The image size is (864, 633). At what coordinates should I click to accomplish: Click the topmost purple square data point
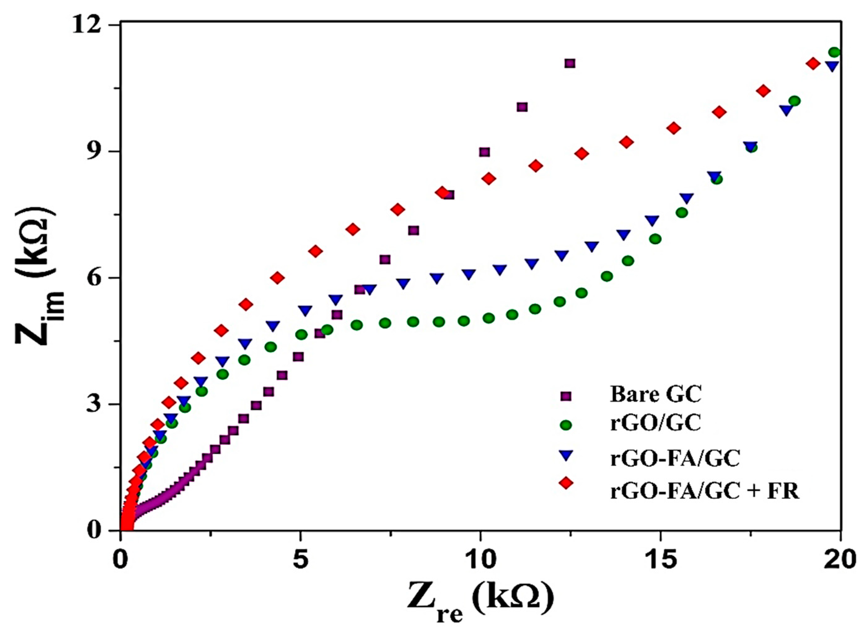(570, 64)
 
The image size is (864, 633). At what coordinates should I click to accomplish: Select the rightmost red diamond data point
(812, 64)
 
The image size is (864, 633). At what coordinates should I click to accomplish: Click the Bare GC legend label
(656, 395)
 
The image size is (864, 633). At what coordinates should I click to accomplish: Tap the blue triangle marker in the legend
(566, 456)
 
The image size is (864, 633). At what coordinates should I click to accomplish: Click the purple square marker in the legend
(566, 395)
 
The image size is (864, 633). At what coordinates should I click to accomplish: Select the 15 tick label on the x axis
(660, 560)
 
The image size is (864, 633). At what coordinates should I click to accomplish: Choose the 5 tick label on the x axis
(300, 560)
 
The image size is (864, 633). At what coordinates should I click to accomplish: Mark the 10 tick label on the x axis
(480, 560)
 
